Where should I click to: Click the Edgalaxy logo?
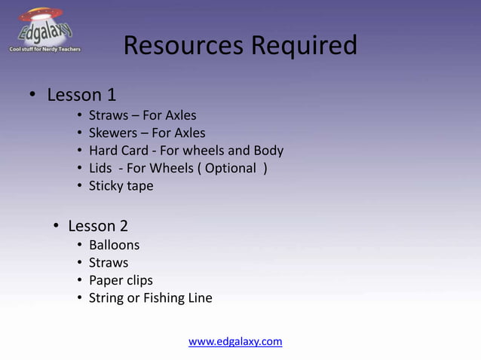pos(44,28)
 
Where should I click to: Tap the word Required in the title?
pos(304,46)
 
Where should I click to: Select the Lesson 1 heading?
pos(81,95)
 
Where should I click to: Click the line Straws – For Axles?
pos(142,116)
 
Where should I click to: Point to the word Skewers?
pos(112,133)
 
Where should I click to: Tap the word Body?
pos(268,151)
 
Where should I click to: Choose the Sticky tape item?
pos(121,186)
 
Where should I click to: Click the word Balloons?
pos(114,245)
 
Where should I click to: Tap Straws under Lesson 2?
pos(109,263)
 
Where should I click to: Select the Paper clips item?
pos(121,281)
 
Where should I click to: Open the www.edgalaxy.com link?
pos(235,342)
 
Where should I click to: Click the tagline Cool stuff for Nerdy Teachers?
pos(44,49)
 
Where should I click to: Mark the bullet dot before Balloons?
pos(79,246)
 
